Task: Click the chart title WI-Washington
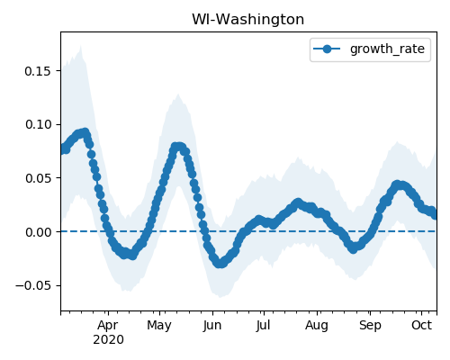click(247, 20)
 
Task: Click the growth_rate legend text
click(387, 49)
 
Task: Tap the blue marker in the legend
click(327, 49)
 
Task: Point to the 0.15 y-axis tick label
click(39, 71)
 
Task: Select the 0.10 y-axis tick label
click(39, 124)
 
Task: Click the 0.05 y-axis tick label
click(39, 178)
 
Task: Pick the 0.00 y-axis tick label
click(39, 232)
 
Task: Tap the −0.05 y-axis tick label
click(34, 285)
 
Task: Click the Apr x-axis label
click(108, 326)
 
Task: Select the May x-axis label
click(159, 326)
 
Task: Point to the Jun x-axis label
click(212, 325)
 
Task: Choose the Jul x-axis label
click(264, 325)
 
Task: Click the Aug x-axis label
click(317, 326)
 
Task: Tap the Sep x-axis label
click(370, 326)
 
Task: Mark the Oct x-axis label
click(422, 325)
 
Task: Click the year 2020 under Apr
click(108, 340)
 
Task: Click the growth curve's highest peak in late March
click(85, 132)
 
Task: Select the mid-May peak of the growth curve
click(177, 147)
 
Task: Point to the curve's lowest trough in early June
click(220, 264)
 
